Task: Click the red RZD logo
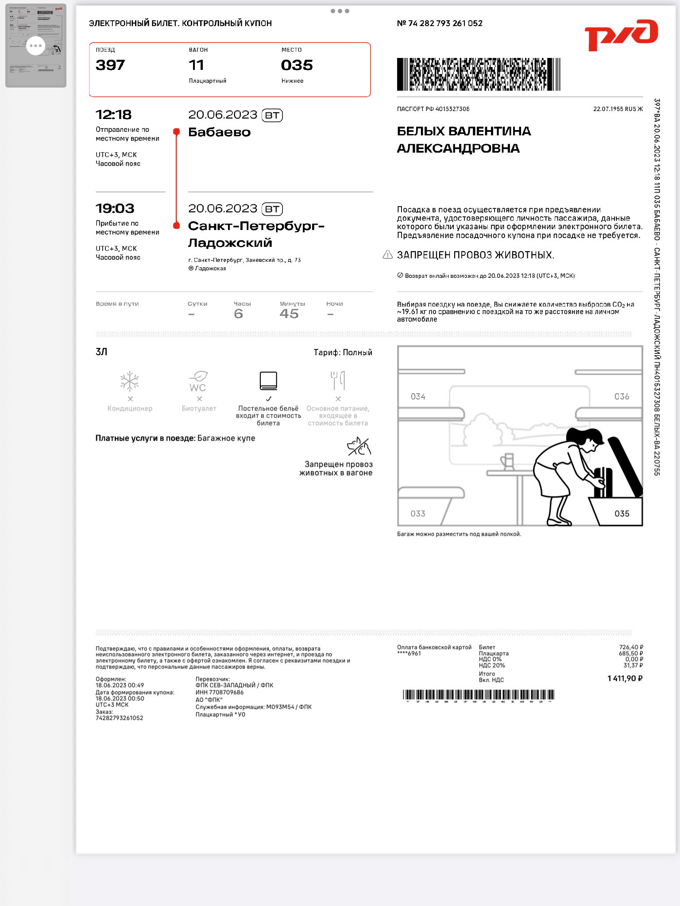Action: (x=621, y=35)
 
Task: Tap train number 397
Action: (x=110, y=65)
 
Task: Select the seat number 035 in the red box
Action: (x=297, y=65)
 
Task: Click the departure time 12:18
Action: (x=114, y=115)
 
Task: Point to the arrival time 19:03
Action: (x=115, y=208)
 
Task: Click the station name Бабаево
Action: (x=219, y=132)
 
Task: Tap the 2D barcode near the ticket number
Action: (x=479, y=74)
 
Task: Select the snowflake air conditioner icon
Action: (x=130, y=381)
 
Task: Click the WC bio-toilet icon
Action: (x=198, y=381)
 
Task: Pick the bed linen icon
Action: (x=268, y=380)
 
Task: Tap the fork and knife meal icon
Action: (x=338, y=380)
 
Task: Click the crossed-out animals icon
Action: (x=359, y=447)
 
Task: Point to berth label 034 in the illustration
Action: (x=418, y=396)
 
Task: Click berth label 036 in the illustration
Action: (x=622, y=396)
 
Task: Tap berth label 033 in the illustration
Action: (x=418, y=514)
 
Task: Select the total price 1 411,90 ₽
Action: (x=625, y=678)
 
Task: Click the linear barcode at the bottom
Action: (x=479, y=695)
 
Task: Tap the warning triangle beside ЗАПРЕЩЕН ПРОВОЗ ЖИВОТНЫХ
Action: (x=387, y=255)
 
